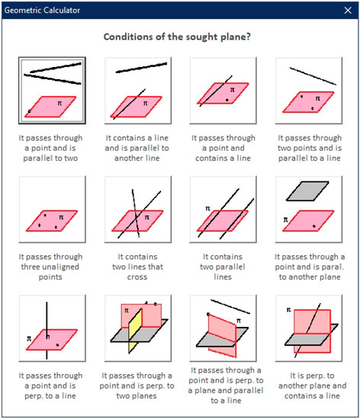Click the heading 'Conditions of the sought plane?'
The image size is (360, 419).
pyautogui.click(x=180, y=37)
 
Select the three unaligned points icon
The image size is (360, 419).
pyautogui.click(x=52, y=209)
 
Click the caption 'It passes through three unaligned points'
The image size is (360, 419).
pyautogui.click(x=52, y=267)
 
